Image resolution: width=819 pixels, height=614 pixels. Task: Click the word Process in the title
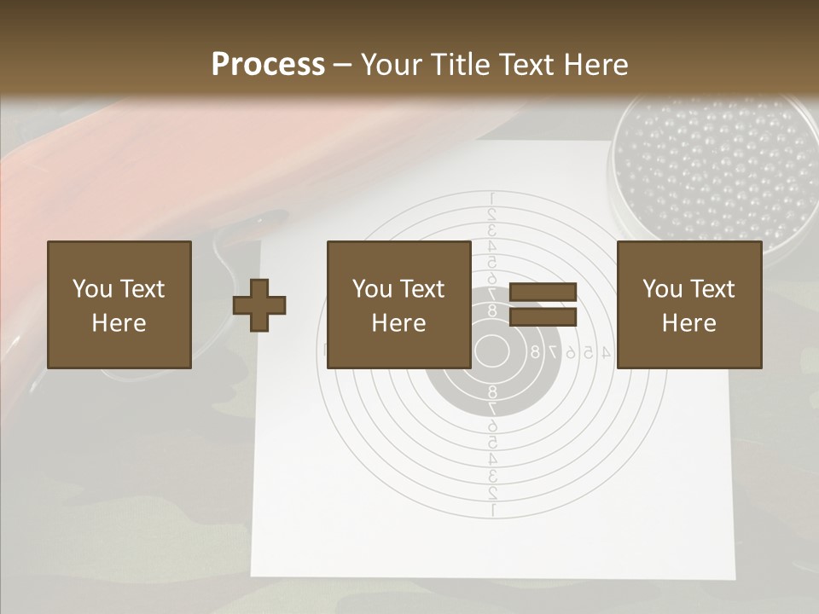click(x=268, y=65)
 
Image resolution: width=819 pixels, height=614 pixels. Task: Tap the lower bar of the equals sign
click(x=543, y=317)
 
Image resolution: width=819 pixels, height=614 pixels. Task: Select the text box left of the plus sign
click(x=119, y=304)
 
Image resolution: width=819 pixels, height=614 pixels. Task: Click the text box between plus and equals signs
click(x=398, y=304)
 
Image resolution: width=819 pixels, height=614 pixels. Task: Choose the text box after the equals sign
click(x=688, y=304)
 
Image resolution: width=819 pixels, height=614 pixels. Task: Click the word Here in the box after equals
click(x=688, y=323)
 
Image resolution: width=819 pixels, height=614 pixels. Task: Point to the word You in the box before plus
click(x=90, y=289)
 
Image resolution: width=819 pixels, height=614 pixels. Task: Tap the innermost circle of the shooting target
click(x=491, y=350)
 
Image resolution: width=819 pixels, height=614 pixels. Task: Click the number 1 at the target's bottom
click(x=491, y=510)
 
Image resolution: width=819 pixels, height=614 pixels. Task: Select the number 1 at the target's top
click(x=491, y=199)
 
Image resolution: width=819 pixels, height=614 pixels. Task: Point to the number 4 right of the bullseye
click(x=606, y=350)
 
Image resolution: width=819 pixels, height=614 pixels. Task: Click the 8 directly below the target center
click(x=491, y=391)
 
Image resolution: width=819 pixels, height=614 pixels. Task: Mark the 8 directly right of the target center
click(x=535, y=350)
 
